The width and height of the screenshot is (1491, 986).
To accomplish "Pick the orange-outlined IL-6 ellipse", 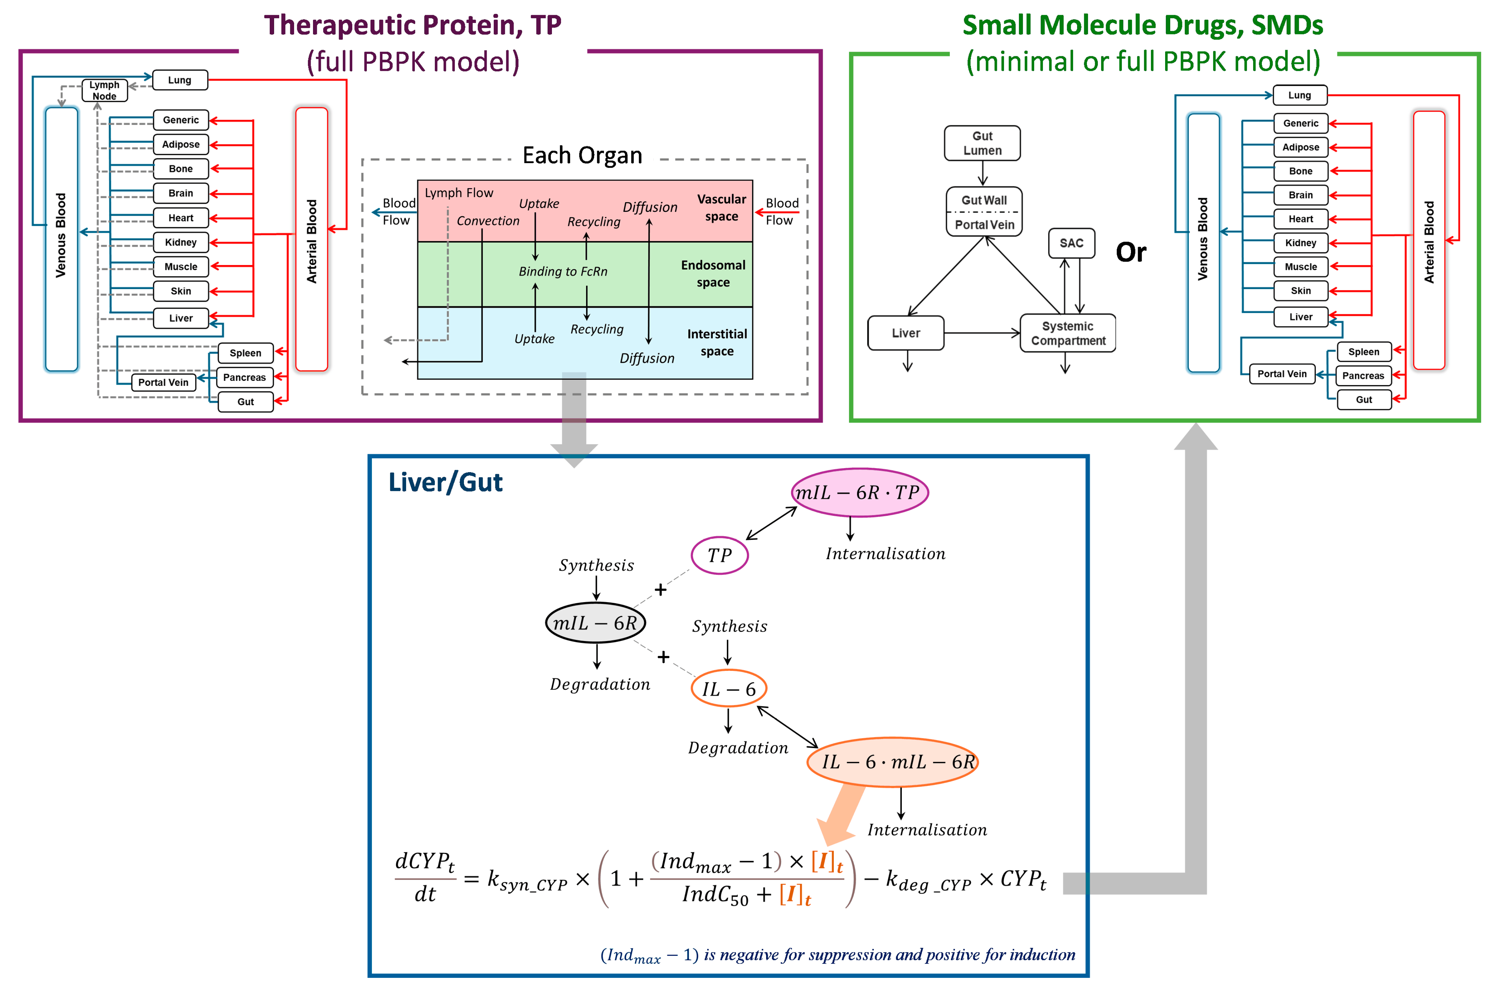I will point(729,689).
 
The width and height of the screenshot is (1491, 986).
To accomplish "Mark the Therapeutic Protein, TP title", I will point(413,25).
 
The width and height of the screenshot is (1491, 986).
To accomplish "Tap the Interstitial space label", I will point(717,343).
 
